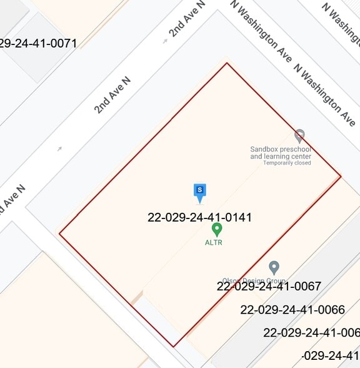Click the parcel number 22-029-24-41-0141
199,218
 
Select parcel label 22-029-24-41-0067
269,287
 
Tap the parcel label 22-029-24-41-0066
292,309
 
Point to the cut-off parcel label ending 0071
37,43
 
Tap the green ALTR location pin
217,230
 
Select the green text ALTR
214,242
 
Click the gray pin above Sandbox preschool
299,136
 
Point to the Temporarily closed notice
287,163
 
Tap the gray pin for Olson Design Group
273,268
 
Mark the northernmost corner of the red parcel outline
227,63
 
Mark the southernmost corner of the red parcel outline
174,346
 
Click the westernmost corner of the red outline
59,234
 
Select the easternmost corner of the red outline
341,176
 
